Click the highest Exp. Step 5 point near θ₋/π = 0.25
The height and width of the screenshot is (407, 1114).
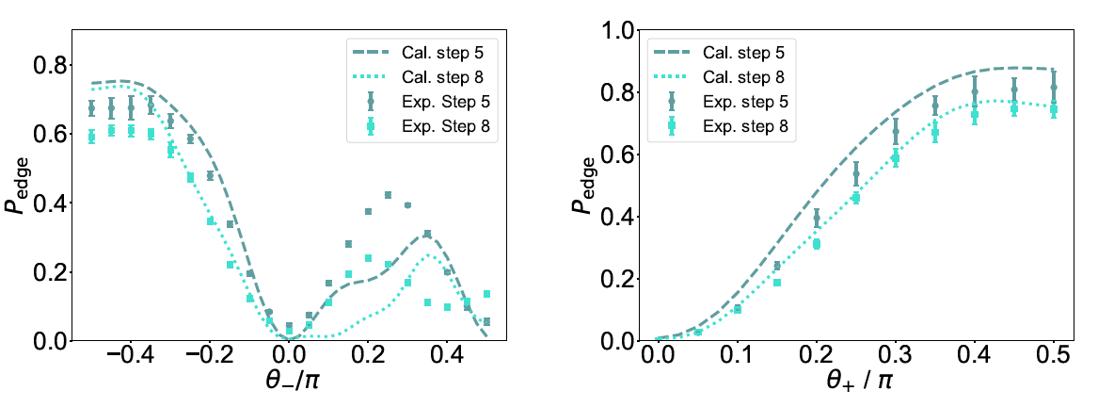[x=388, y=195]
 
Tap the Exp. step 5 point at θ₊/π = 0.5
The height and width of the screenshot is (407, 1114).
[x=1053, y=87]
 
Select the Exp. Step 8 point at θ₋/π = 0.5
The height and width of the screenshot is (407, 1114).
[x=486, y=294]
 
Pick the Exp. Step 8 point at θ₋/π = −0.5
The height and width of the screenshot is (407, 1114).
[x=91, y=137]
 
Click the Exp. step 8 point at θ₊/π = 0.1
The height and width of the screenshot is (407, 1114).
[x=737, y=309]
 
